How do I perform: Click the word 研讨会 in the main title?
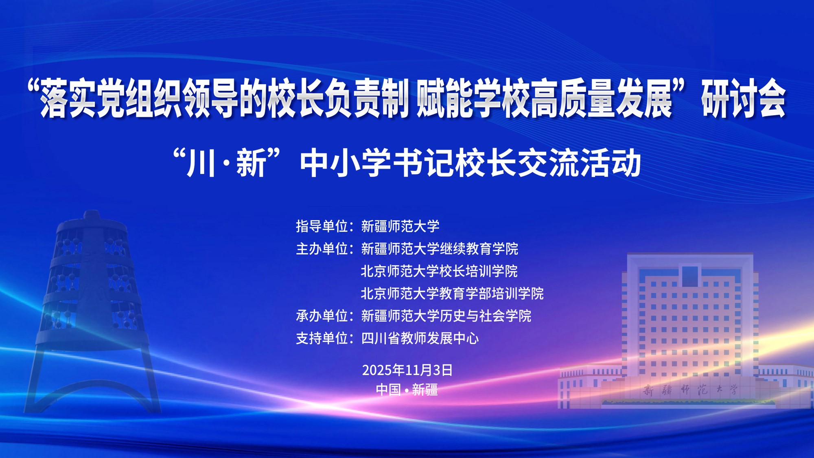(x=743, y=99)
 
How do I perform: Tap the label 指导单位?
(x=322, y=226)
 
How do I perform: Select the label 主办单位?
(x=322, y=248)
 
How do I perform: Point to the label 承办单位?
(x=322, y=316)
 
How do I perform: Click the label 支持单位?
(x=322, y=338)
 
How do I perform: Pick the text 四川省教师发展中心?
(x=420, y=338)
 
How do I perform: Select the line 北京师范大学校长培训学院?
(x=439, y=271)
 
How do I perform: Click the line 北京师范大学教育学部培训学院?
(x=452, y=293)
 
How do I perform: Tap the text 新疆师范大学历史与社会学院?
(x=446, y=316)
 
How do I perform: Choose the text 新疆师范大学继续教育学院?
(x=440, y=248)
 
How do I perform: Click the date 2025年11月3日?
(x=407, y=370)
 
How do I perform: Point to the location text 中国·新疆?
(x=407, y=390)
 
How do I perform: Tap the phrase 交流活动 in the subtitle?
(x=580, y=163)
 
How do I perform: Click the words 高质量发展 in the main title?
(x=601, y=99)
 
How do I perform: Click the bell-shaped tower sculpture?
(x=92, y=311)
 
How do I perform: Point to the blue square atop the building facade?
(x=690, y=276)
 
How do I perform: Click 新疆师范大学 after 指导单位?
(x=400, y=226)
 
